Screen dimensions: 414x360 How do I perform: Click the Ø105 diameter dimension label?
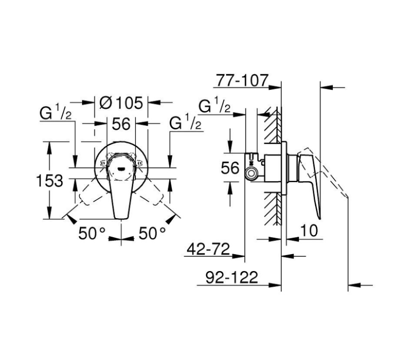(121, 103)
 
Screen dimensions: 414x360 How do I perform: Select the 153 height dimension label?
(49, 181)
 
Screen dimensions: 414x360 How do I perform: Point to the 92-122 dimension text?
(232, 277)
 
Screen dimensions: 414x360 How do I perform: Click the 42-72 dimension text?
(208, 249)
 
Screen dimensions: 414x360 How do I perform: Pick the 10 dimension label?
(309, 230)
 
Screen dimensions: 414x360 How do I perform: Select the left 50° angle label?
(92, 233)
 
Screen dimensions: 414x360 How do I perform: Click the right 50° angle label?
(152, 233)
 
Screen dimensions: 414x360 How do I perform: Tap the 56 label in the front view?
(121, 124)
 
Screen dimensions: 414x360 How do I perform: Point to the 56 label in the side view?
(230, 168)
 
